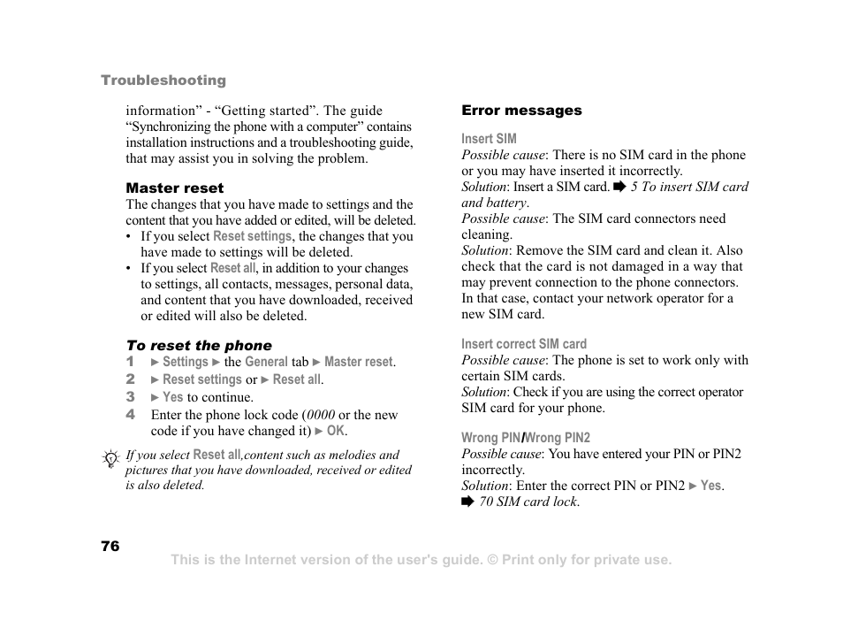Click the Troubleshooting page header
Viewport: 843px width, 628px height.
pyautogui.click(x=163, y=80)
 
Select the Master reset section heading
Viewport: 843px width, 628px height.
pyautogui.click(x=174, y=188)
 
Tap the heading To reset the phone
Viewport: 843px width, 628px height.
pyautogui.click(x=199, y=346)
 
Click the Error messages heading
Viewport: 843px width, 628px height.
pyautogui.click(x=521, y=111)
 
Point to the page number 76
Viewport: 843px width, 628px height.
pyautogui.click(x=110, y=546)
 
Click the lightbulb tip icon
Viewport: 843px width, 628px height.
pyautogui.click(x=110, y=458)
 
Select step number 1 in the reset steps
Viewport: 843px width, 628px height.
pyautogui.click(x=129, y=362)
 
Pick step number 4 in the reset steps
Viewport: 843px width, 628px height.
pyautogui.click(x=130, y=414)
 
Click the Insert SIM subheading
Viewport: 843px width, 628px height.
pyautogui.click(x=489, y=139)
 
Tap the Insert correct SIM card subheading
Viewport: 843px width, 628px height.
pyautogui.click(x=523, y=344)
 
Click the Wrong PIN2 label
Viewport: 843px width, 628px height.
pyautogui.click(x=558, y=438)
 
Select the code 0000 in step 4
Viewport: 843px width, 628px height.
pyautogui.click(x=321, y=415)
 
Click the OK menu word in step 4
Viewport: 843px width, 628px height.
pyautogui.click(x=336, y=431)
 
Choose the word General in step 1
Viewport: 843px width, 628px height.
pyautogui.click(x=266, y=362)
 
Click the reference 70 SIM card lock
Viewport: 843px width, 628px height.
pyautogui.click(x=528, y=502)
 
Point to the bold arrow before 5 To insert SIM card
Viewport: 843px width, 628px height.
pyautogui.click(x=619, y=187)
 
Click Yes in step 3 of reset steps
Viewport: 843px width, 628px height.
pyautogui.click(x=172, y=397)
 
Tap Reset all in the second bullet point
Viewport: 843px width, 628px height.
pyautogui.click(x=232, y=268)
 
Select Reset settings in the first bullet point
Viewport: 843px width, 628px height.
pyautogui.click(x=252, y=236)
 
